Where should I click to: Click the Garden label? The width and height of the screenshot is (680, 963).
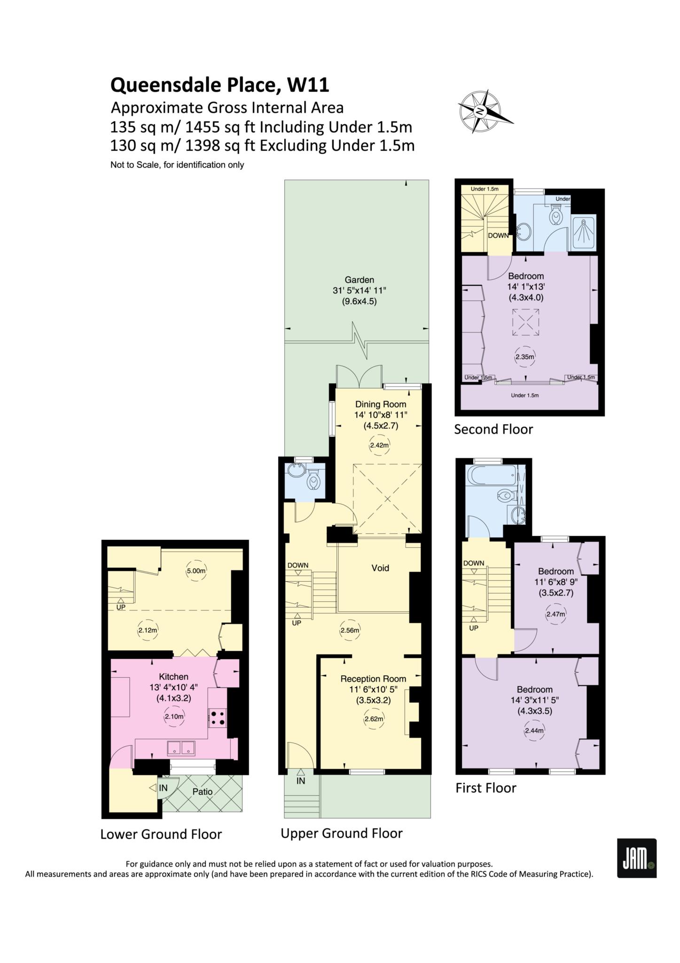click(x=360, y=280)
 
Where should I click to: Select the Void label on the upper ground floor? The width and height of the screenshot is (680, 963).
click(x=380, y=568)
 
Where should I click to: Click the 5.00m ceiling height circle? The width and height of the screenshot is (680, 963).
click(x=196, y=571)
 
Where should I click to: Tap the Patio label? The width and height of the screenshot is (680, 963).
click(x=203, y=791)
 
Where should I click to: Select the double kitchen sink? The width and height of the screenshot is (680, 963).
click(x=182, y=748)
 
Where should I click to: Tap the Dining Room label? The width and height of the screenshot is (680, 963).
click(x=381, y=404)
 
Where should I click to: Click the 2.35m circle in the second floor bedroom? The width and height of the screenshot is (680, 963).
click(x=524, y=357)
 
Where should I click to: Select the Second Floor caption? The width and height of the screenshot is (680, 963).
click(x=493, y=429)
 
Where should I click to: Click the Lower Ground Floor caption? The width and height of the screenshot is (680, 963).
click(x=161, y=834)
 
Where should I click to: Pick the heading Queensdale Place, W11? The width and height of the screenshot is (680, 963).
click(x=219, y=85)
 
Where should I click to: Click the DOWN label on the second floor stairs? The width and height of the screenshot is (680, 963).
click(x=498, y=235)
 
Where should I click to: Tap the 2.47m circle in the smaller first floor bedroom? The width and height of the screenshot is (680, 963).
click(x=555, y=614)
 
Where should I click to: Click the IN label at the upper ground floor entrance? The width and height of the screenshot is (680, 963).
click(x=301, y=781)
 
